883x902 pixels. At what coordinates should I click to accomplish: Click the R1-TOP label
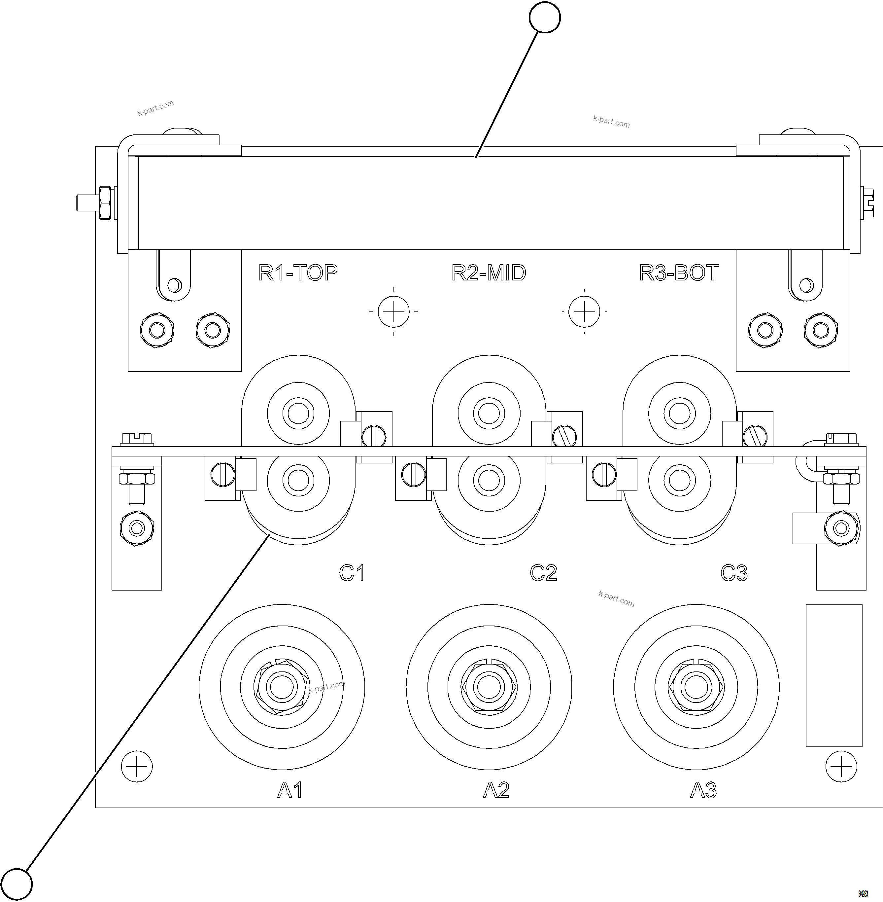click(298, 273)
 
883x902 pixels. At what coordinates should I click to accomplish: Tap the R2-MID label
click(489, 273)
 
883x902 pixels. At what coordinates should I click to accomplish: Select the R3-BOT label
click(679, 273)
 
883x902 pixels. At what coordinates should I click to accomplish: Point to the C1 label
click(352, 573)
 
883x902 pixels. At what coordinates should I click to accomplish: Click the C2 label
click(543, 573)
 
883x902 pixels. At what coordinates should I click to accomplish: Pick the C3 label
click(734, 573)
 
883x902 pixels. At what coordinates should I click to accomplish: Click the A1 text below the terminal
click(290, 790)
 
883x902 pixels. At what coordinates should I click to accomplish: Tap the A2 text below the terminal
click(496, 790)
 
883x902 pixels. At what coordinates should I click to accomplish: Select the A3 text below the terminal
click(703, 790)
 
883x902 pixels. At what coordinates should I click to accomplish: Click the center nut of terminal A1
click(282, 687)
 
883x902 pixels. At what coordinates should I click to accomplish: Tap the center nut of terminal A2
click(489, 687)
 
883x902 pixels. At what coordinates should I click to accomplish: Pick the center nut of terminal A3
click(696, 687)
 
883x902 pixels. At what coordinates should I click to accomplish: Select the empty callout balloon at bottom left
click(17, 884)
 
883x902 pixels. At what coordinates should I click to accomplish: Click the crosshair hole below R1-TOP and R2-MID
click(394, 311)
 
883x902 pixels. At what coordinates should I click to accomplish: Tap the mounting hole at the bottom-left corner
click(137, 767)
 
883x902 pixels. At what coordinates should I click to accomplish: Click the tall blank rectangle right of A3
click(834, 675)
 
